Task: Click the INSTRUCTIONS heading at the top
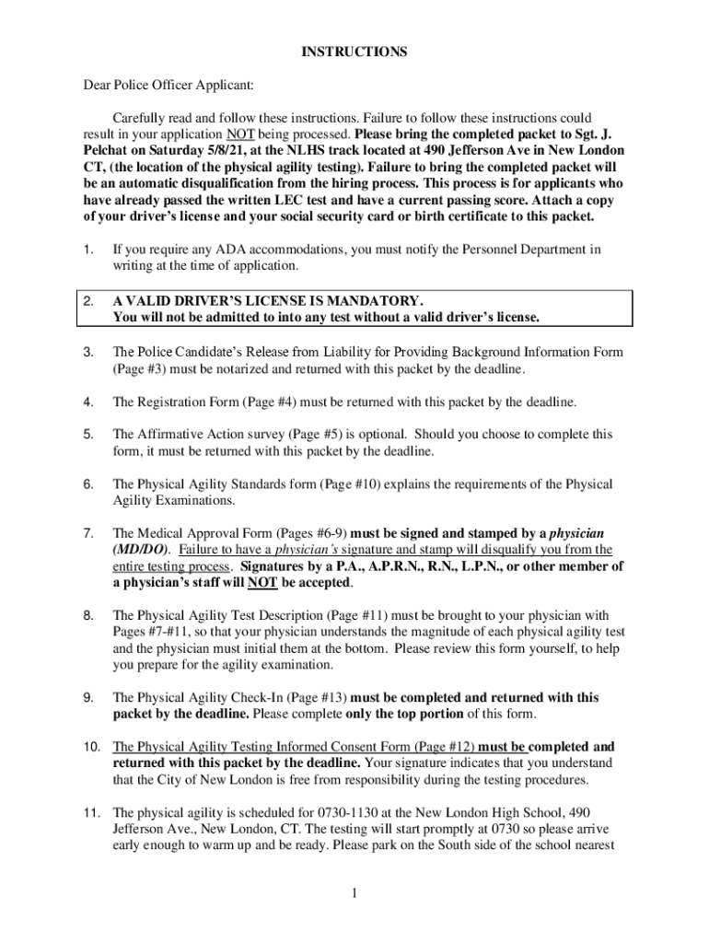[x=354, y=52]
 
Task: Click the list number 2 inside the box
[x=87, y=301]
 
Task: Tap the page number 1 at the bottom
[x=354, y=891]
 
